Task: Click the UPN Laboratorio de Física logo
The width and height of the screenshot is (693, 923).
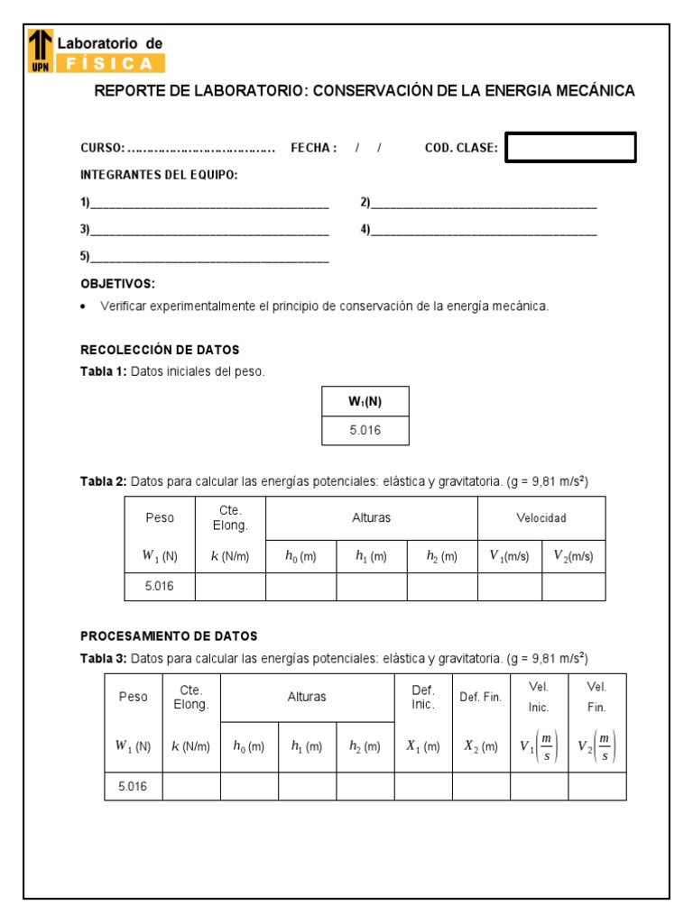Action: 97,50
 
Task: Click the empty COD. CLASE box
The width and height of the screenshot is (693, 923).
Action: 570,148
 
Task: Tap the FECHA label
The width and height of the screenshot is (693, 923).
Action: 313,148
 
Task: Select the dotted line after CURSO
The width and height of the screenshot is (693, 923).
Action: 201,149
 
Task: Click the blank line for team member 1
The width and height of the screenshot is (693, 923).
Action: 208,204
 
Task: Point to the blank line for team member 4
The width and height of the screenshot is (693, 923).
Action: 484,231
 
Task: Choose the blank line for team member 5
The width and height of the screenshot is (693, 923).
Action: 208,258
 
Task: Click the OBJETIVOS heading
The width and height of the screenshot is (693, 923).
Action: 117,283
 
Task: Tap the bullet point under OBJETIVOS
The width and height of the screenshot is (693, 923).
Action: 84,307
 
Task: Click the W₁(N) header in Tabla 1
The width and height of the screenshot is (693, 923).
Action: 365,402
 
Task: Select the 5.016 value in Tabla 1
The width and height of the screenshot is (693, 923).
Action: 365,431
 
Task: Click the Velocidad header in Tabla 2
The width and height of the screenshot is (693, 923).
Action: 541,518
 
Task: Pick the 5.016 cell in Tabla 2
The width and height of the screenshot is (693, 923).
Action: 160,586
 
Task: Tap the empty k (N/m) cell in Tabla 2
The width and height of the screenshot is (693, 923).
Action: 230,586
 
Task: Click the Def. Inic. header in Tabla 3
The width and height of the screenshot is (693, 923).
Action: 423,697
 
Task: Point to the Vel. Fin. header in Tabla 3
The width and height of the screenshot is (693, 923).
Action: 596,697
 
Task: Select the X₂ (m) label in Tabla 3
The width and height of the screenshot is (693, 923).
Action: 481,746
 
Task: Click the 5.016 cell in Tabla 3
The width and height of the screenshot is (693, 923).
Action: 133,786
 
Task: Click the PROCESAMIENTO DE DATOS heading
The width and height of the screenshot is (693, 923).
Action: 169,635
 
